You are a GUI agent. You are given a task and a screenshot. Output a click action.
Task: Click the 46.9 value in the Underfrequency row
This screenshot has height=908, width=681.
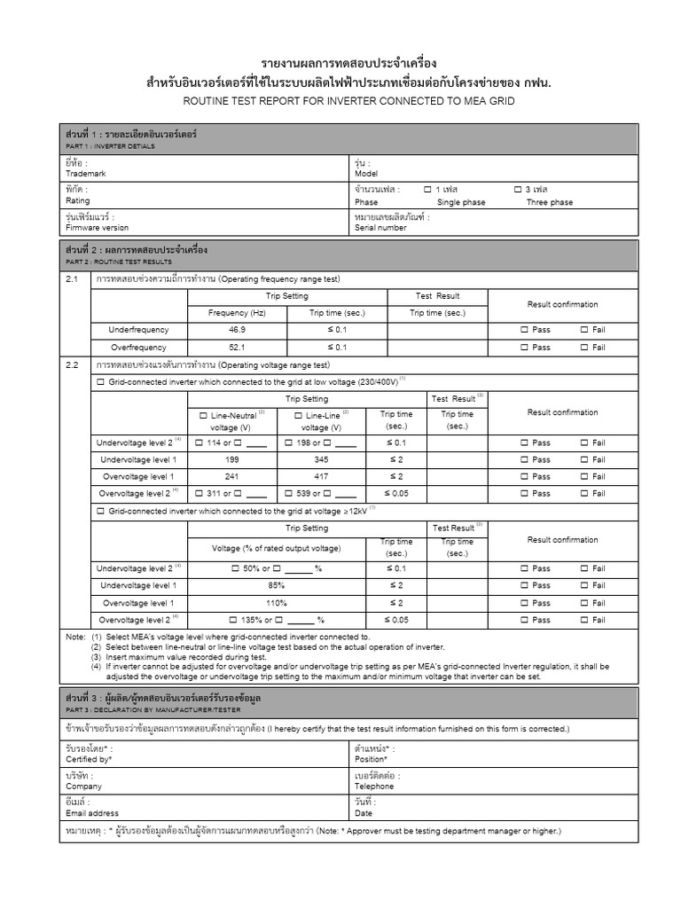click(236, 330)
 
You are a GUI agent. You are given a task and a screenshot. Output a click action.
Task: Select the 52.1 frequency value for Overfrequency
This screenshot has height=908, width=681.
click(236, 348)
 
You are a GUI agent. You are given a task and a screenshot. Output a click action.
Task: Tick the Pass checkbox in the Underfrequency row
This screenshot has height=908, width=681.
click(524, 330)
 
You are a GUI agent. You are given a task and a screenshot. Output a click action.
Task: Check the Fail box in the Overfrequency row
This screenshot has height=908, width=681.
click(583, 348)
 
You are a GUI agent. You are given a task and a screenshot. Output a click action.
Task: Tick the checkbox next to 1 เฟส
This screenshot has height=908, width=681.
click(427, 190)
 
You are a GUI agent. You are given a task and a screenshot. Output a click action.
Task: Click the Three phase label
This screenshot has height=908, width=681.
click(550, 202)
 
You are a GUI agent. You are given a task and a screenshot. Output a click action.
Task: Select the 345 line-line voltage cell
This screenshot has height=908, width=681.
click(320, 459)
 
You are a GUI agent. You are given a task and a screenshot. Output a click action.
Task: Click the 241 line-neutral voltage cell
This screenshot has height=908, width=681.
click(231, 476)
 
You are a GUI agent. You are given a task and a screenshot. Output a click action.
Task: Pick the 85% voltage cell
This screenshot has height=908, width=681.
click(276, 585)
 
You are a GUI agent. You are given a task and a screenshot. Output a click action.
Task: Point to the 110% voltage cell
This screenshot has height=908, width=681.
click(276, 603)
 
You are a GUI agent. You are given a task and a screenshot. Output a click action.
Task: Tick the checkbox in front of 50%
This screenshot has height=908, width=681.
click(235, 568)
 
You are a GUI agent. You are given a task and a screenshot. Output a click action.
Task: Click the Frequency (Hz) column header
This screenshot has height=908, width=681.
click(236, 313)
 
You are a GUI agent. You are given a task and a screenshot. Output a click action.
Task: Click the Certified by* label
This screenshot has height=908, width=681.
click(89, 760)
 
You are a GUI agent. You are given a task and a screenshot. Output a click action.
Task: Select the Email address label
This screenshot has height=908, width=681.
click(92, 812)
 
